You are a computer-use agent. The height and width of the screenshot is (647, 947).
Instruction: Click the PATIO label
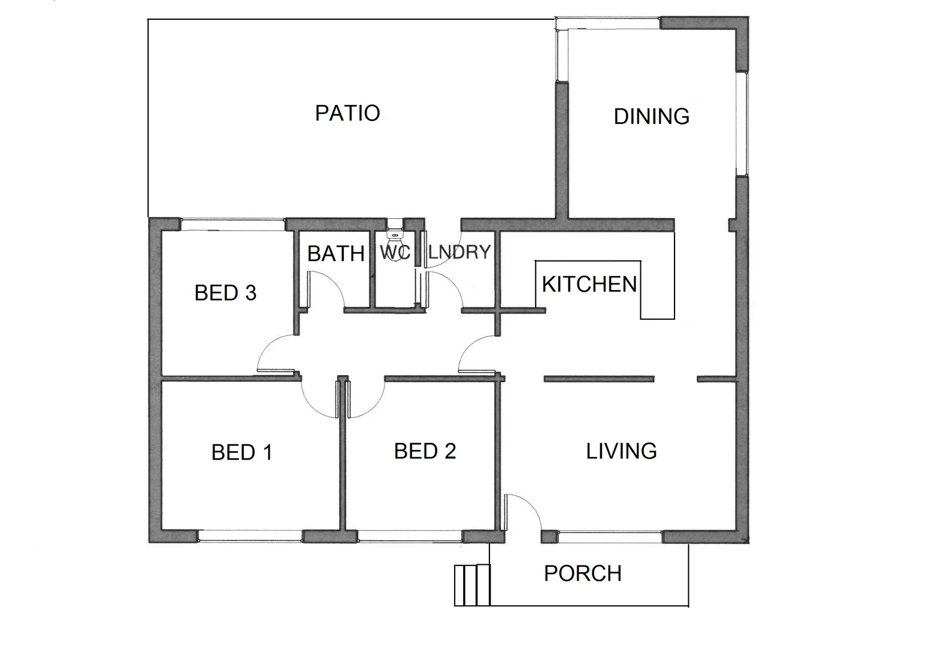click(347, 113)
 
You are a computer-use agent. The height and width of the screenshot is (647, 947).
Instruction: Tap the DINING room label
click(651, 116)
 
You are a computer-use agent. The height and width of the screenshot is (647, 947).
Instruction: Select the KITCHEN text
click(589, 284)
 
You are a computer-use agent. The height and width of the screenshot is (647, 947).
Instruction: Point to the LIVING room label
click(621, 451)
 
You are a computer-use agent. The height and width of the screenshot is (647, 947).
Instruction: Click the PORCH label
click(582, 573)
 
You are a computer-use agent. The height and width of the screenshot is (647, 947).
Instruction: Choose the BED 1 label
click(241, 452)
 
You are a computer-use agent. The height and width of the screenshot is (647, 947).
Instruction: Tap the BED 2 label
click(425, 451)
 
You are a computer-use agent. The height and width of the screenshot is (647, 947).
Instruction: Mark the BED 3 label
click(225, 293)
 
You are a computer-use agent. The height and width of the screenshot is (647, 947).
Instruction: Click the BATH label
click(335, 254)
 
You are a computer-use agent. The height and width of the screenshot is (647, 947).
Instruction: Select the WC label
click(395, 253)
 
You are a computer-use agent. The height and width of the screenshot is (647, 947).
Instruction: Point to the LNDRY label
click(459, 252)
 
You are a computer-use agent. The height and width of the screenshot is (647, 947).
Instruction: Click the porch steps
click(472, 585)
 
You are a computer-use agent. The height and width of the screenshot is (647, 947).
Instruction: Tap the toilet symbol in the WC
click(395, 230)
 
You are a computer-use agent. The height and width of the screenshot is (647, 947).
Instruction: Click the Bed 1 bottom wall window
click(250, 536)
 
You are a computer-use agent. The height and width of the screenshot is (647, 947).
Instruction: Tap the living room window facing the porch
click(610, 536)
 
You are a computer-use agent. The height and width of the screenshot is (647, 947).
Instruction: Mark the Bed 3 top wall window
click(232, 224)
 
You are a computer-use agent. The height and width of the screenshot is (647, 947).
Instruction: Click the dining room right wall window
click(742, 124)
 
